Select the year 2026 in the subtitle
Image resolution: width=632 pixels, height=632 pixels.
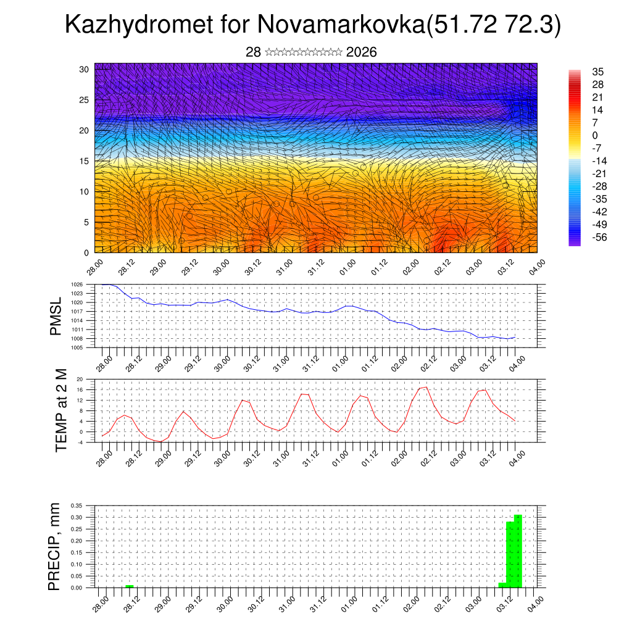362,52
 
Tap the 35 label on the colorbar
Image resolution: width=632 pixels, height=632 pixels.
597,72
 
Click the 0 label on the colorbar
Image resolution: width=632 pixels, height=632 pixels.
595,135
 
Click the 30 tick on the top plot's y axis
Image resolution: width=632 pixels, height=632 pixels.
84,69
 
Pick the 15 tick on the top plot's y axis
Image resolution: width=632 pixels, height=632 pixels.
84,161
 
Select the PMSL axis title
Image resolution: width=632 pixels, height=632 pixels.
56,317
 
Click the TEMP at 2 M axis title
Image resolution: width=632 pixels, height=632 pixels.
60,410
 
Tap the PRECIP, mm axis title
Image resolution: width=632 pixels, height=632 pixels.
55,547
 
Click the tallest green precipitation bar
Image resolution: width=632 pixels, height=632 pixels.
518,551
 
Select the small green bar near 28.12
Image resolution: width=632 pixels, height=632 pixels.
129,586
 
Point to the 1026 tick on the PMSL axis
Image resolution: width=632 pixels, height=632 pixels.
77,285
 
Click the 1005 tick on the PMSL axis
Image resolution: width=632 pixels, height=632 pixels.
77,347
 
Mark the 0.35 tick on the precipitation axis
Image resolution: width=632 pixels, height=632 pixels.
76,505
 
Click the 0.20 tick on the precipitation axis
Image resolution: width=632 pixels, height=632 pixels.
76,541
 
